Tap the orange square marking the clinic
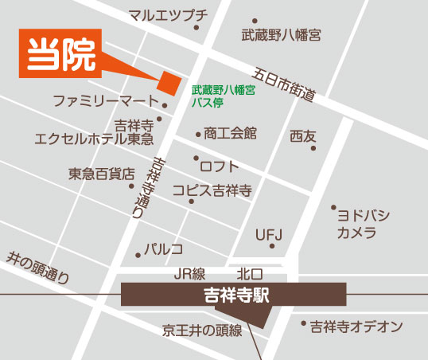tap(169, 80)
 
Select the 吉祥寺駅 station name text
tap(235, 294)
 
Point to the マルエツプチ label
tap(168, 15)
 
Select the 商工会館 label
tap(230, 133)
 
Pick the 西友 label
tap(303, 135)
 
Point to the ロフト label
tap(219, 166)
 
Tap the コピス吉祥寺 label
tap(212, 191)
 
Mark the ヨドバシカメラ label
tap(361, 224)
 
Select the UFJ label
tap(268, 235)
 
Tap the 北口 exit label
tap(239, 273)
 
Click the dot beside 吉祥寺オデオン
tap(303, 324)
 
